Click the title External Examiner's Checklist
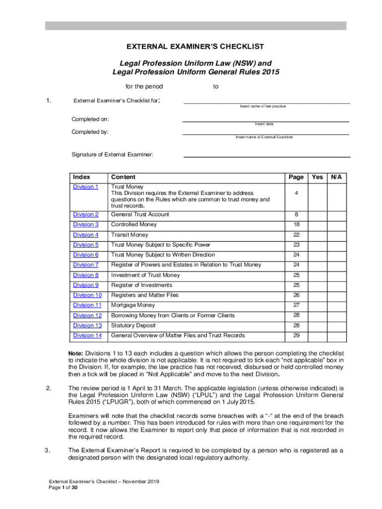pos(194,47)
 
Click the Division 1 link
pos(86,187)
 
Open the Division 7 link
pos(86,265)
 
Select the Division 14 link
pos(87,336)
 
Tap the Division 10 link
pos(87,295)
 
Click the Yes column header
pos(317,177)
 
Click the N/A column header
pos(336,177)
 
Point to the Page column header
pos(296,177)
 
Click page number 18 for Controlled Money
pos(296,225)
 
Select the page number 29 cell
pos(296,336)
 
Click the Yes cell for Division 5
pos(317,245)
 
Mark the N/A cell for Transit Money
pos(336,235)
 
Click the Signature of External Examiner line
pos(267,156)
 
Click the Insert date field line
pos(265,121)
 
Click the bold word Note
pos(75,353)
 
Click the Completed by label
pos(90,132)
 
